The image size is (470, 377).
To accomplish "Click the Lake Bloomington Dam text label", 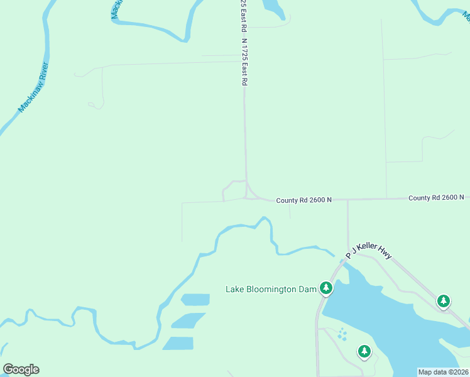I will pos(270,289).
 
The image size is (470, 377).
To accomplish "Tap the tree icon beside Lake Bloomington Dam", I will pos(325,288).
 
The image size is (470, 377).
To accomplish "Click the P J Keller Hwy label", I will pos(369,251).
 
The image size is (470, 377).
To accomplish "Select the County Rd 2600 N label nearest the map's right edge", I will pos(435,197).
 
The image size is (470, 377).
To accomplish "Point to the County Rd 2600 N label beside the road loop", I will pos(303,200).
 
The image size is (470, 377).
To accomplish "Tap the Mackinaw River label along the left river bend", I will pos(33,88).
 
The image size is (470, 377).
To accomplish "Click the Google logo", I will pos(21,369).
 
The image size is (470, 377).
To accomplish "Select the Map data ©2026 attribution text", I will pos(443,372).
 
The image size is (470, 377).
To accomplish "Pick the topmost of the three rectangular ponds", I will pos(195,300).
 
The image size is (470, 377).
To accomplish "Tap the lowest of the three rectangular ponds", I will pos(178,343).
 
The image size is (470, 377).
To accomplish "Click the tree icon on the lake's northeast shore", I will pos(444,302).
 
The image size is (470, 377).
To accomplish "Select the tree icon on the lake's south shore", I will pos(364,351).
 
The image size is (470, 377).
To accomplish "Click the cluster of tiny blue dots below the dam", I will pos(342,334).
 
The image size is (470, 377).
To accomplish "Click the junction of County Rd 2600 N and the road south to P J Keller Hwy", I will pos(347,199).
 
